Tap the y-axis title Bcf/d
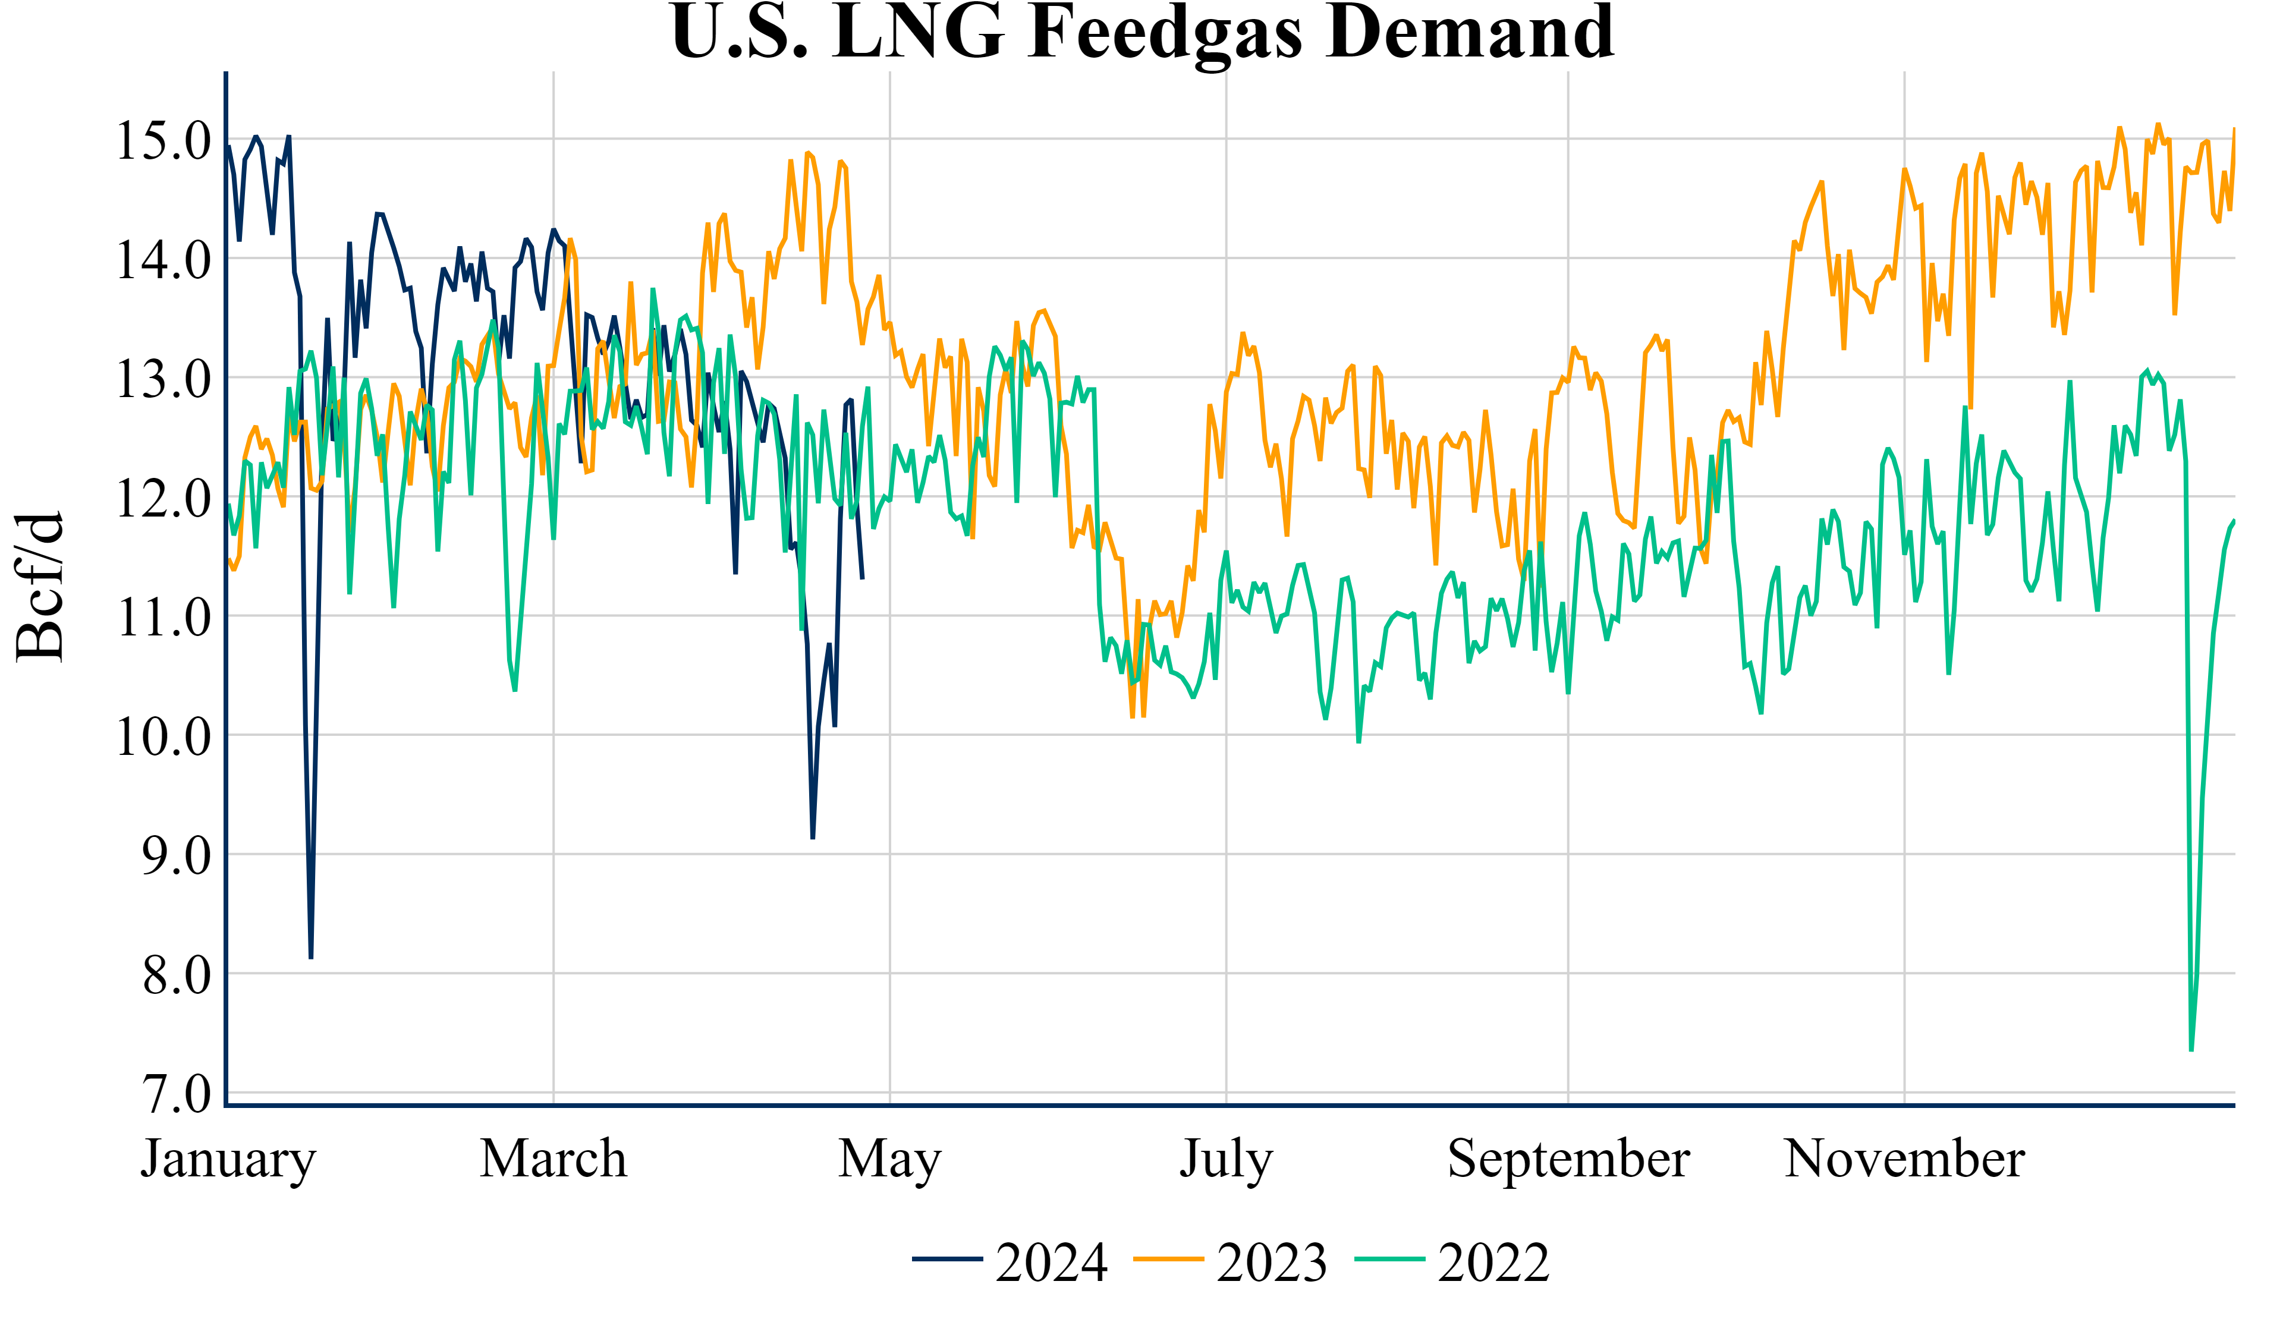(41, 587)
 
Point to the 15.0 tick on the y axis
(163, 140)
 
